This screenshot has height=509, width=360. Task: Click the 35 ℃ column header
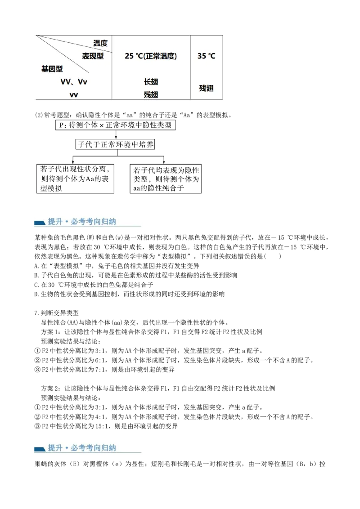tap(206, 56)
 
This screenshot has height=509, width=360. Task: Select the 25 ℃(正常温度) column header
tap(151, 56)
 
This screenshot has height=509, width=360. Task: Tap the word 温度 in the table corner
tap(100, 43)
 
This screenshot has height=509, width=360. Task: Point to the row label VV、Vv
tap(74, 82)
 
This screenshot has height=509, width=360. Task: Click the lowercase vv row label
tap(74, 95)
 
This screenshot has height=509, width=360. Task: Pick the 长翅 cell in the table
tap(151, 82)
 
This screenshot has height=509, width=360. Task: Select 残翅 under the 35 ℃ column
tap(206, 88)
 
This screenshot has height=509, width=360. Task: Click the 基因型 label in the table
tap(52, 69)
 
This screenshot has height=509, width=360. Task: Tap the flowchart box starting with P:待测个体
tap(116, 125)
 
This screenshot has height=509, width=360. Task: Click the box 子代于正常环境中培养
tap(115, 144)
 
